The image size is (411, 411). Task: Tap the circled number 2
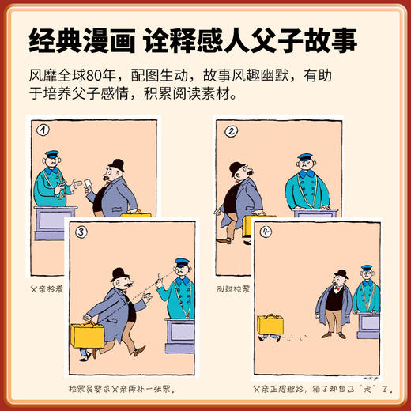(230, 132)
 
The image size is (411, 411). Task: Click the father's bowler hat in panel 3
(120, 273)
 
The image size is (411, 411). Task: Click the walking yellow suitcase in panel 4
(271, 323)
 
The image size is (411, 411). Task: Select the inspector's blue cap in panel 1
(53, 154)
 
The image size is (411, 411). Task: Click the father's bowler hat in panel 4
(341, 274)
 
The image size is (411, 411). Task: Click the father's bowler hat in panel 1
(116, 165)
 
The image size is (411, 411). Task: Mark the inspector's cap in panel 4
(366, 270)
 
